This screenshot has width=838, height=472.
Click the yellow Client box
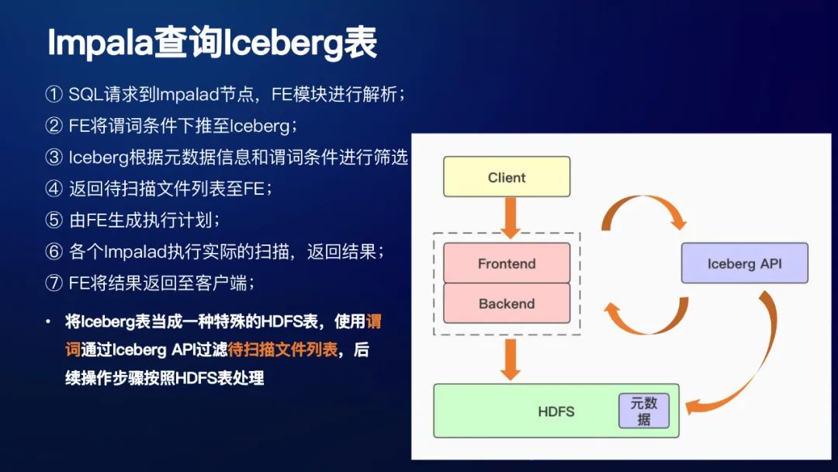coord(507,177)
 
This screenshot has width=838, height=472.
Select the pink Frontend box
coord(507,263)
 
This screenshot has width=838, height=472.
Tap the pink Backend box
coord(507,303)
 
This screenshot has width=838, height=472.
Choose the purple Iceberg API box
coord(744,263)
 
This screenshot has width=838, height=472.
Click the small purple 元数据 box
coord(643,411)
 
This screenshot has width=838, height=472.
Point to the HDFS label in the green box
coord(556,411)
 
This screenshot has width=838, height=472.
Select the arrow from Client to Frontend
coord(510,217)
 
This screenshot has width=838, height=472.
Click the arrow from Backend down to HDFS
coord(510,358)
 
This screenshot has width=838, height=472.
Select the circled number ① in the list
coord(54,95)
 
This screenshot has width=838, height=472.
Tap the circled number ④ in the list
coord(54,189)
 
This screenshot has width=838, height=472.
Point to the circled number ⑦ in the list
coord(54,283)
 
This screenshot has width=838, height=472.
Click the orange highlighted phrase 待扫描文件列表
coord(282,349)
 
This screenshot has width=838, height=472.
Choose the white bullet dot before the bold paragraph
coord(48,321)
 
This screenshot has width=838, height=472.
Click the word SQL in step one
coord(85,95)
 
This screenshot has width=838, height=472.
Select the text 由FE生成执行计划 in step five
coord(140,220)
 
